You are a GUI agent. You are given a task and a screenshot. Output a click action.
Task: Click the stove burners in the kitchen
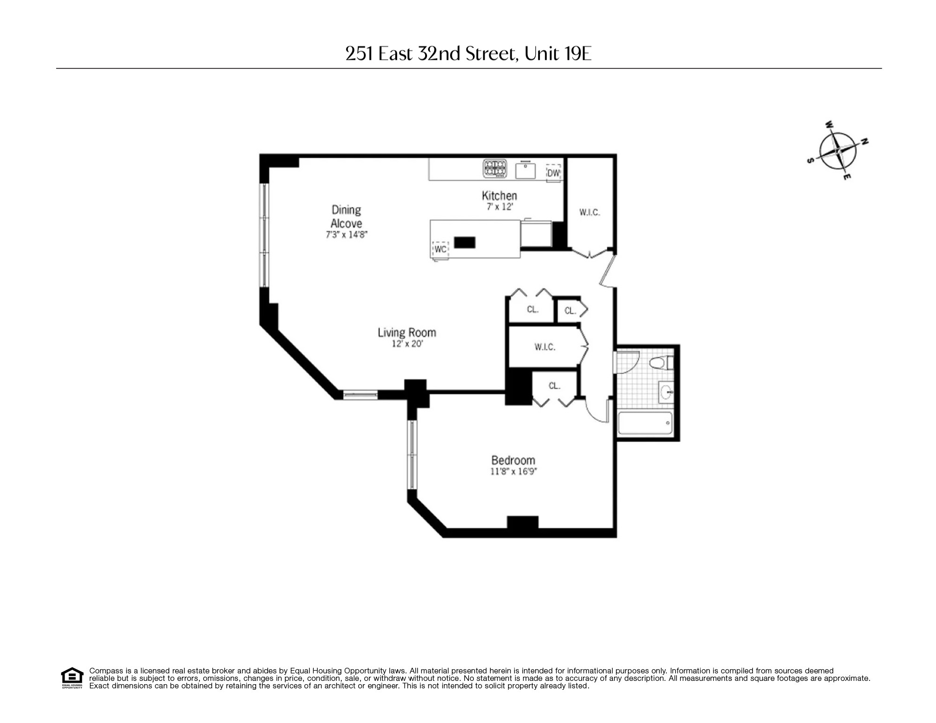click(x=495, y=169)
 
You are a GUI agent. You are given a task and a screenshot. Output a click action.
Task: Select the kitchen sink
click(x=525, y=170)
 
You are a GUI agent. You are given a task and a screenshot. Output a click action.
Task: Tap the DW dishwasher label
click(x=553, y=173)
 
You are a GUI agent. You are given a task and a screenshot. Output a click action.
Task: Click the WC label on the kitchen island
click(x=440, y=249)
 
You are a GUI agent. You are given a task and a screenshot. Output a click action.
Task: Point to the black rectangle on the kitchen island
click(x=464, y=242)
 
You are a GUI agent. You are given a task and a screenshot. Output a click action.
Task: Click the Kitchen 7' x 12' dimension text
click(x=500, y=207)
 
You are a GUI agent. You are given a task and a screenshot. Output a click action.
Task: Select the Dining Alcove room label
click(x=346, y=216)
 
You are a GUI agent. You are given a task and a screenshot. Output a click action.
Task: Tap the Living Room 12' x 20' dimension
click(x=407, y=344)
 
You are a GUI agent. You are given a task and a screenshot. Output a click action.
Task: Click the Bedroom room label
click(x=513, y=460)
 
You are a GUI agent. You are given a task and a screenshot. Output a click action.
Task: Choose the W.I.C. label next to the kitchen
click(x=590, y=212)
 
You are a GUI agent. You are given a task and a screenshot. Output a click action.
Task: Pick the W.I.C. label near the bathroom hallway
click(x=545, y=347)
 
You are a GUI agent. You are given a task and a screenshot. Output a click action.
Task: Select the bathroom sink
click(x=666, y=392)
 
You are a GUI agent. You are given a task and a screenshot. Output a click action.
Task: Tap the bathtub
click(x=645, y=423)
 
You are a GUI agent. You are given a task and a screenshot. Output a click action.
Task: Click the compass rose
click(x=838, y=151)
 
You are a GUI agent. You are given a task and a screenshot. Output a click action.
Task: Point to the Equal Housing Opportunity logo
click(x=72, y=678)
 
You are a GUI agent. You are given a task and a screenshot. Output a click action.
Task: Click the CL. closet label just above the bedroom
click(x=554, y=386)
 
